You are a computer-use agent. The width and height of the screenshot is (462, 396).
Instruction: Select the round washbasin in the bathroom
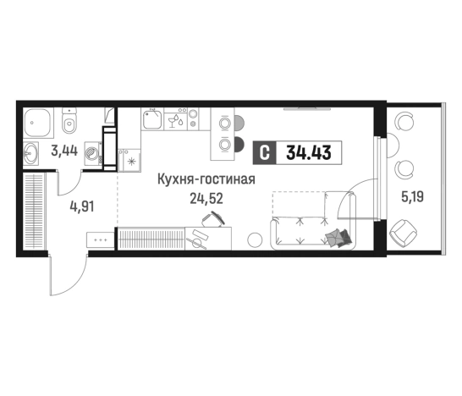pyautogui.click(x=31, y=154)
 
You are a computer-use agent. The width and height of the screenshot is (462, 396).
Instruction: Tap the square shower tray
pyautogui.click(x=36, y=124)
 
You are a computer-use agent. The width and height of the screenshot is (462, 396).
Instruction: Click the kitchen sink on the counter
pyautogui.click(x=152, y=120)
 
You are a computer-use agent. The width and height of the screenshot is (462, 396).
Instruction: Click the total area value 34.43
pyautogui.click(x=309, y=154)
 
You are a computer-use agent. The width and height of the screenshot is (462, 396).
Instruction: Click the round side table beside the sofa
pyautogui.click(x=253, y=239)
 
